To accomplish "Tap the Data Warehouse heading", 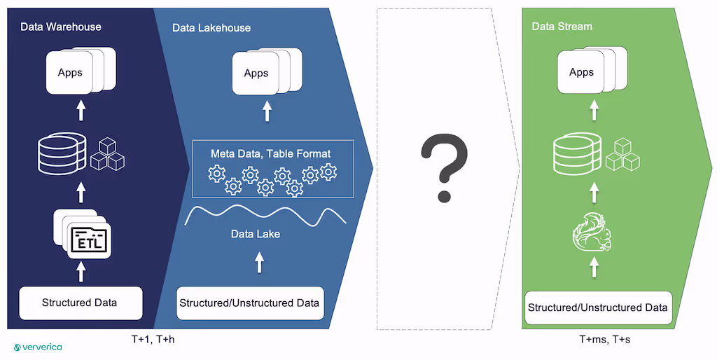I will click(x=61, y=27).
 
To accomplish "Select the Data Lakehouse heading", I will click(x=211, y=28).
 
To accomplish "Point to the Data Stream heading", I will click(x=562, y=27).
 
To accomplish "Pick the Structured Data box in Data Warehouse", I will click(x=80, y=303).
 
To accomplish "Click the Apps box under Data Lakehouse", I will click(x=256, y=74).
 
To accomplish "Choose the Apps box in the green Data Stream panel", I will click(x=581, y=72).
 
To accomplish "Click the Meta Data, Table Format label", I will click(x=270, y=153).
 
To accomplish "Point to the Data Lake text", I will click(x=256, y=234).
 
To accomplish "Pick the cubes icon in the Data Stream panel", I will click(x=623, y=154).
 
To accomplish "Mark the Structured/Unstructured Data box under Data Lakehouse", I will click(x=249, y=303).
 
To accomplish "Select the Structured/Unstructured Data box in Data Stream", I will click(x=597, y=307).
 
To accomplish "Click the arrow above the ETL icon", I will click(x=81, y=192).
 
